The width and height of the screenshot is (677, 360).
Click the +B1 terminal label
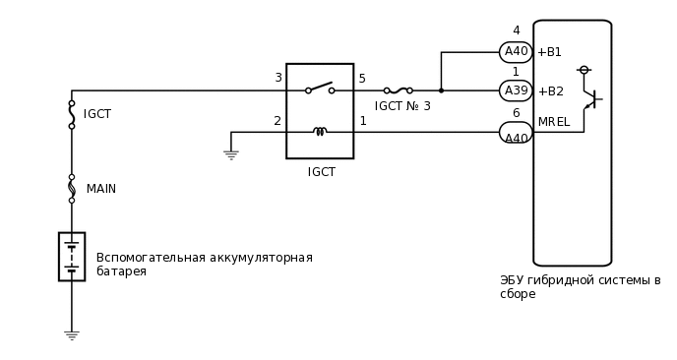(549, 52)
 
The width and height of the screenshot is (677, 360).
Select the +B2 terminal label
(550, 91)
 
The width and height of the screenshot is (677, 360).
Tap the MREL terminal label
(553, 122)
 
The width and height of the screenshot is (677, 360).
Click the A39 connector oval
(516, 90)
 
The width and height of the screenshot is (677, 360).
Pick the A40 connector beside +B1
(516, 52)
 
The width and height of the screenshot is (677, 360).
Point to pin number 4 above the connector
(516, 31)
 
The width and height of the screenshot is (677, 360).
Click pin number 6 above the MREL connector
(516, 113)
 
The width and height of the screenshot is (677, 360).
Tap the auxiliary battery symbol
(72, 257)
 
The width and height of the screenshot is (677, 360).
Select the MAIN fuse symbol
(72, 188)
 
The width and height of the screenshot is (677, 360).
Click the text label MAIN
(101, 189)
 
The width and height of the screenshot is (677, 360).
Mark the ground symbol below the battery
(72, 334)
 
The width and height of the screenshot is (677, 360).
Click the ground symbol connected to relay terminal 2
(231, 154)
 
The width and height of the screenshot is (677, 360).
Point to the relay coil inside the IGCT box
(320, 131)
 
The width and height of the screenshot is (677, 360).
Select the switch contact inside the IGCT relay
(320, 89)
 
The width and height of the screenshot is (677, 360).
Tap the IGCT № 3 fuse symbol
(399, 90)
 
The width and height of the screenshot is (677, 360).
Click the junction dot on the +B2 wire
(441, 90)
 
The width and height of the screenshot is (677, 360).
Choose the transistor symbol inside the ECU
(590, 98)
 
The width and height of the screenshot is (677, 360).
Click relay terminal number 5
(362, 79)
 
